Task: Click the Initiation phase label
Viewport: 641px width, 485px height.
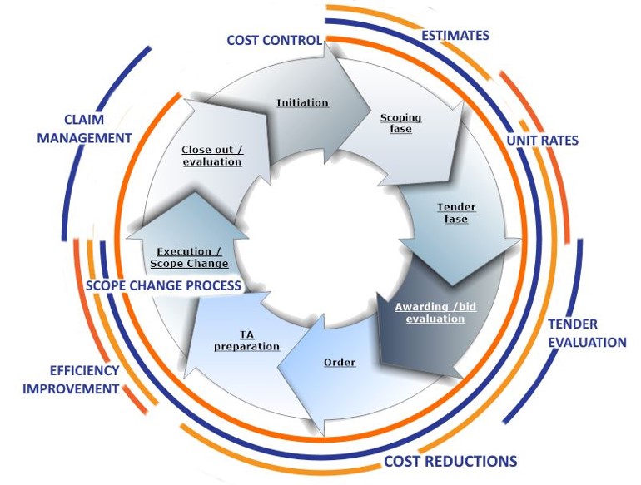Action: pyautogui.click(x=302, y=102)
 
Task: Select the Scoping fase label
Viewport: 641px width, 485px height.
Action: pyautogui.click(x=400, y=123)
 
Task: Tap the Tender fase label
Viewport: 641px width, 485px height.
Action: pyautogui.click(x=456, y=213)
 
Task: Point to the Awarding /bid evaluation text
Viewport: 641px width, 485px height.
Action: pyautogui.click(x=435, y=313)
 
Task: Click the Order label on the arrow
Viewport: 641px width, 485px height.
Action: pyautogui.click(x=340, y=363)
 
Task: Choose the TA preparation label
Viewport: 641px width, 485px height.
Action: pyautogui.click(x=247, y=341)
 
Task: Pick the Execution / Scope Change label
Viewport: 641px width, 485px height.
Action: pyautogui.click(x=189, y=257)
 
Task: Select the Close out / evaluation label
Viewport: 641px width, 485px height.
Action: pyautogui.click(x=212, y=156)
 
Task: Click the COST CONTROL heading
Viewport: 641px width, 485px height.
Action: pyautogui.click(x=275, y=40)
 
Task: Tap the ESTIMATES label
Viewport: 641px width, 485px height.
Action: pyautogui.click(x=455, y=36)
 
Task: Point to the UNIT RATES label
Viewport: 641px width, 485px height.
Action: pyautogui.click(x=543, y=141)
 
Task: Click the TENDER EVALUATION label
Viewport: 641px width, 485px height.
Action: pyautogui.click(x=587, y=334)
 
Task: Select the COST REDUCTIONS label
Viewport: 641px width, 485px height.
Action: pyautogui.click(x=450, y=462)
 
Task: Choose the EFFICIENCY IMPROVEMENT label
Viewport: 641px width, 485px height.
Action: pyautogui.click(x=71, y=379)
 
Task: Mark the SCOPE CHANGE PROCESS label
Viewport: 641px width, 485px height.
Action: pyautogui.click(x=163, y=285)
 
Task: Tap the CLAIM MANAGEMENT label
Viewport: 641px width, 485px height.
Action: pyautogui.click(x=85, y=129)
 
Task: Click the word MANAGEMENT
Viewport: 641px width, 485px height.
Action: pyautogui.click(x=85, y=138)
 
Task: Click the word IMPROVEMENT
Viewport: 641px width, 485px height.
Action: pyautogui.click(x=71, y=388)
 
